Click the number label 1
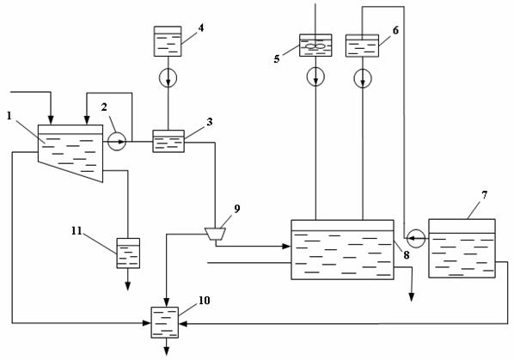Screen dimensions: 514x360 pyautogui.click(x=9, y=116)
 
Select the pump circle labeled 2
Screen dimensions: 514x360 pyautogui.click(x=117, y=142)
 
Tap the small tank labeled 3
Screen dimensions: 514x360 pyautogui.click(x=168, y=141)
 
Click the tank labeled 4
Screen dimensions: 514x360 pyautogui.click(x=168, y=41)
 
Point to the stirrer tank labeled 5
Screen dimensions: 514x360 pyautogui.click(x=315, y=46)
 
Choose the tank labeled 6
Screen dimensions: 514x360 pyautogui.click(x=362, y=46)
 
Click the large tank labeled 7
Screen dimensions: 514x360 pyautogui.click(x=462, y=248)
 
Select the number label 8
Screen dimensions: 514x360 pyautogui.click(x=407, y=255)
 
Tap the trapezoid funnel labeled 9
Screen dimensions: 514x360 pyautogui.click(x=215, y=234)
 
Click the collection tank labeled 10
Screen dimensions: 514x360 pyautogui.click(x=164, y=322)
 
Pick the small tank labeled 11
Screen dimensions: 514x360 pyautogui.click(x=128, y=253)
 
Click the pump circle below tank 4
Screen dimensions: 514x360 pyautogui.click(x=168, y=77)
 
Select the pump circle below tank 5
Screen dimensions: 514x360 pyautogui.click(x=315, y=76)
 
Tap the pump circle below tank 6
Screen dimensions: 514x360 pyautogui.click(x=363, y=78)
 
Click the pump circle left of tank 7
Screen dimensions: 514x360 pyautogui.click(x=416, y=238)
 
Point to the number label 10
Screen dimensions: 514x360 pyautogui.click(x=205, y=301)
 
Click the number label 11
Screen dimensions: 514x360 pyautogui.click(x=76, y=231)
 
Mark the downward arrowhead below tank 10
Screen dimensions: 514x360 pyautogui.click(x=167, y=351)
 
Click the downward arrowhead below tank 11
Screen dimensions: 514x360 pyautogui.click(x=128, y=286)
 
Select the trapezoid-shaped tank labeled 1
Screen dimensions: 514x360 pyautogui.click(x=70, y=153)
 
